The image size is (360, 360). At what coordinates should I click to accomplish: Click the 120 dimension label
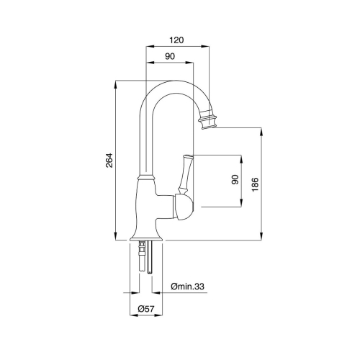pyautogui.click(x=176, y=40)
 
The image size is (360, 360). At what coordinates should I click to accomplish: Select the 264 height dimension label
pyautogui.click(x=109, y=160)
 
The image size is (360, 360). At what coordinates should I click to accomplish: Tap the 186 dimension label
pyautogui.click(x=255, y=184)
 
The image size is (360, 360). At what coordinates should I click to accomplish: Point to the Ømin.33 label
pyautogui.click(x=187, y=286)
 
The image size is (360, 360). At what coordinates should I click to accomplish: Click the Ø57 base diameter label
pyautogui.click(x=146, y=308)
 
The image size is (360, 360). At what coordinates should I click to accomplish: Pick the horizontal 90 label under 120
pyautogui.click(x=170, y=56)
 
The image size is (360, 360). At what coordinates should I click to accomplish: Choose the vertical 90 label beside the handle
pyautogui.click(x=235, y=179)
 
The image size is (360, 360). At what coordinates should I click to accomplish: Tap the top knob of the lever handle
pyautogui.click(x=188, y=157)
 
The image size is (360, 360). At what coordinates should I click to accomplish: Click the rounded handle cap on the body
pyautogui.click(x=183, y=207)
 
